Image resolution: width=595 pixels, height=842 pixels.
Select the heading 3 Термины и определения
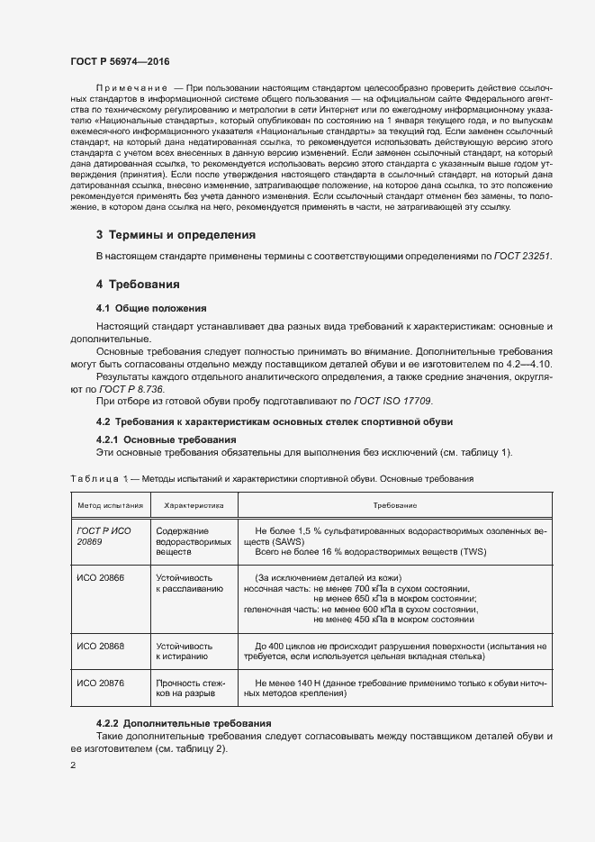(176, 234)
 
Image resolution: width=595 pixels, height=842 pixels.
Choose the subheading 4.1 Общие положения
(151, 308)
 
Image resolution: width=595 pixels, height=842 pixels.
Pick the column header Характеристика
(193, 506)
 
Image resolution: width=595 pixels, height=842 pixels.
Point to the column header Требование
(395, 506)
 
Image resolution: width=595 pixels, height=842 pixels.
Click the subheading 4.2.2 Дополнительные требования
(180, 724)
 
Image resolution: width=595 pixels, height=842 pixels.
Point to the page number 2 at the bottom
(73, 765)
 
